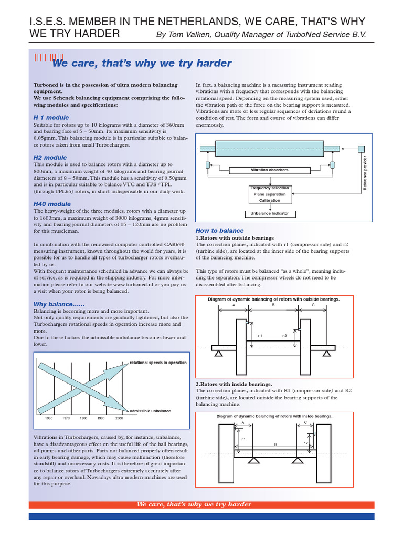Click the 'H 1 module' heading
click(51, 117)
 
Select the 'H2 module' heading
click(50, 158)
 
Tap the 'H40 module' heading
click(52, 204)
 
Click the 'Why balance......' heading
click(59, 304)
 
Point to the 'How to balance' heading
click(219, 231)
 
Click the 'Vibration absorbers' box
click(269, 170)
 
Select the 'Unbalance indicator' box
click(269, 214)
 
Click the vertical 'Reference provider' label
click(365, 173)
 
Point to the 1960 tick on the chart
click(49, 418)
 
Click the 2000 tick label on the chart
click(119, 418)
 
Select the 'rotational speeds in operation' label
click(157, 363)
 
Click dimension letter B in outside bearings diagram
click(273, 305)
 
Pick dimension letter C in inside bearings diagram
click(305, 422)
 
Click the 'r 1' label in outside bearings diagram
click(260, 335)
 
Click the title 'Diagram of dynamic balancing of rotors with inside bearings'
click(274, 416)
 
